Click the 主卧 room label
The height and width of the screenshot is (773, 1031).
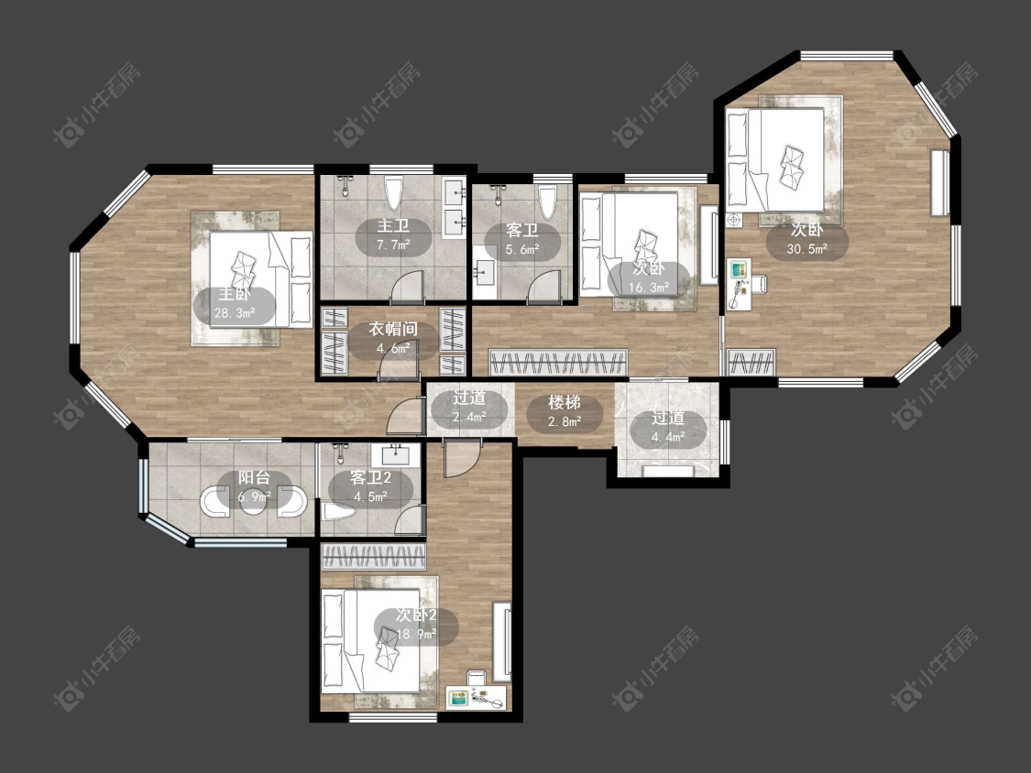pos(235,294)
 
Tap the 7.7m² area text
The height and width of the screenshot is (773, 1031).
pos(393,245)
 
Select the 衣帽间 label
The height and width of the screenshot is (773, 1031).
pos(392,329)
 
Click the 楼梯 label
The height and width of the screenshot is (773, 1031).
pos(565,402)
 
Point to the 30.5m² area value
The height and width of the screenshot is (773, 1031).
pos(806,249)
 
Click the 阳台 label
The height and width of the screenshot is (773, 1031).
pos(254,478)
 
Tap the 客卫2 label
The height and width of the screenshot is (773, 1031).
pos(370,478)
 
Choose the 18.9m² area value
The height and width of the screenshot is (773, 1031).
pos(417,635)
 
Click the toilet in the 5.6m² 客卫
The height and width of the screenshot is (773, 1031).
pos(547,201)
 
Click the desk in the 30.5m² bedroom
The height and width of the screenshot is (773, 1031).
pos(740,285)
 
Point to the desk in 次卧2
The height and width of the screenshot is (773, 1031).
pos(477,697)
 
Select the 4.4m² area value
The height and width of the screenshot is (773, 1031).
pos(668,435)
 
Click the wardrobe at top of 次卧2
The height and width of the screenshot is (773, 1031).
pos(374,557)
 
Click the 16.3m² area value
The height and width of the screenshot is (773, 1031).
pos(648,288)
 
